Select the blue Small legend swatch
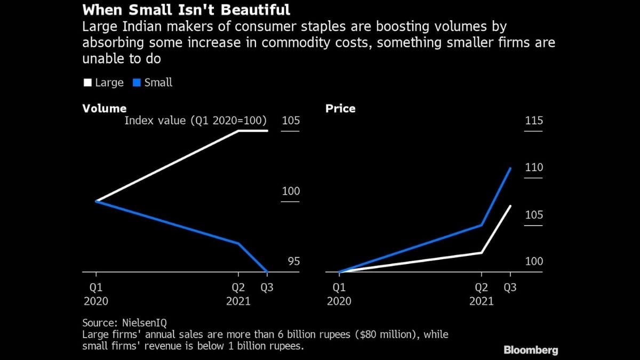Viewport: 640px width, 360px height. pos(136,83)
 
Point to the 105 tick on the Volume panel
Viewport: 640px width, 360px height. pos(291,121)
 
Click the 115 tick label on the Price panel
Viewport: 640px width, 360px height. pos(534,121)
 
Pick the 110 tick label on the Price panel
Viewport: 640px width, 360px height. pos(534,167)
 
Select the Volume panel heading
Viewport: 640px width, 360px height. pos(105,108)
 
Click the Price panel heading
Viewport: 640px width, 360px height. pos(340,108)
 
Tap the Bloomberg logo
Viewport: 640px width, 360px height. pos(531,350)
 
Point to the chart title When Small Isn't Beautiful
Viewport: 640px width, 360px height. pos(186,10)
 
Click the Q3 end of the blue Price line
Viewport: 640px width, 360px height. pos(510,169)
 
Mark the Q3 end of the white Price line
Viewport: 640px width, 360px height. pos(510,206)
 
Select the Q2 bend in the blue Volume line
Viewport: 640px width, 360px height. pos(238,243)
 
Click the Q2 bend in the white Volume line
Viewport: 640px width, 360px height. pos(238,131)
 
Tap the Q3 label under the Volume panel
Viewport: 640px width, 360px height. pos(267,287)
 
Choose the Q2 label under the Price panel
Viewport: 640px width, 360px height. pos(482,287)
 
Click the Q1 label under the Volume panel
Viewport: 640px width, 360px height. pos(96,287)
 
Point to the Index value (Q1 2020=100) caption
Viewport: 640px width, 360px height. pos(195,121)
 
